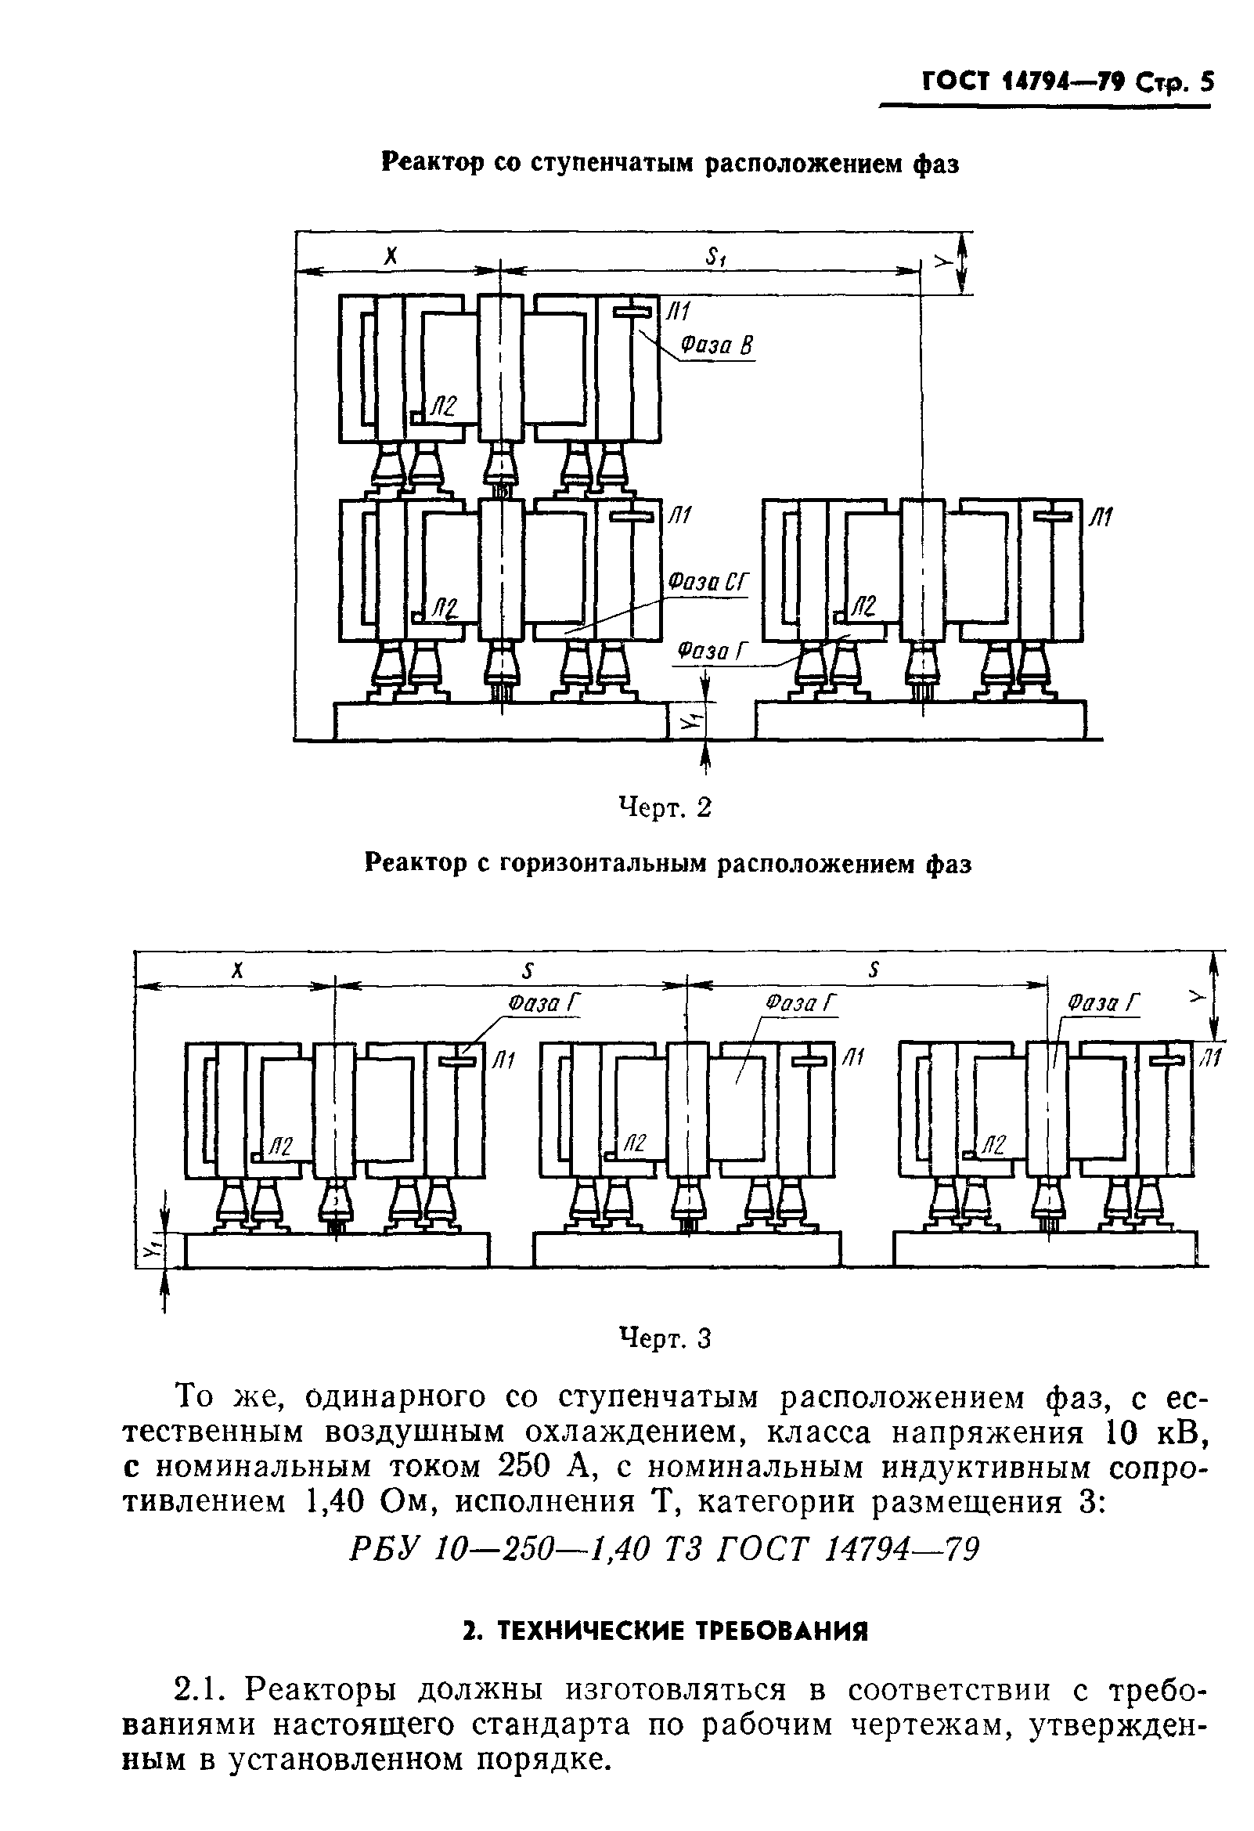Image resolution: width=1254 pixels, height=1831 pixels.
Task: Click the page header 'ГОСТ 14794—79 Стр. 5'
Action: coord(1068,82)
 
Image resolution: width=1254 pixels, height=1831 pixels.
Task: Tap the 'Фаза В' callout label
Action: coord(718,345)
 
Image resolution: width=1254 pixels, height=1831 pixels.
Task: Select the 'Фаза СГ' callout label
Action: coord(706,583)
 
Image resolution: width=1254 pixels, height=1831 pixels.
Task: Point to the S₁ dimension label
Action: coord(716,255)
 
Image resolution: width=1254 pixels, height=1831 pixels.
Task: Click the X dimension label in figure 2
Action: coord(391,256)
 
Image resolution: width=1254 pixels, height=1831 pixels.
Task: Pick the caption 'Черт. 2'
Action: coord(665,807)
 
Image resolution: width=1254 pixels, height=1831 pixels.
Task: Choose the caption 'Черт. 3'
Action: coord(665,1338)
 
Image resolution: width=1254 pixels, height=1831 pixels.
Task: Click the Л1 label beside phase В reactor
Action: coord(677,312)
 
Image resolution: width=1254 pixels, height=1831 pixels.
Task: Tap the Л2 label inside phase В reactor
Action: coord(443,407)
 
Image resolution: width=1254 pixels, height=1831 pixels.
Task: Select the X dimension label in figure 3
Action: coord(236,971)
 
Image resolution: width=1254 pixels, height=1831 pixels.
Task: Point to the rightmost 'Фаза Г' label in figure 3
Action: coord(1103,1003)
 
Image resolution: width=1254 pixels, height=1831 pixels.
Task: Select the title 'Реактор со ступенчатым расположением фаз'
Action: coord(670,163)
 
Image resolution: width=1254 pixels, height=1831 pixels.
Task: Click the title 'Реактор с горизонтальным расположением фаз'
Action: coord(668,865)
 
